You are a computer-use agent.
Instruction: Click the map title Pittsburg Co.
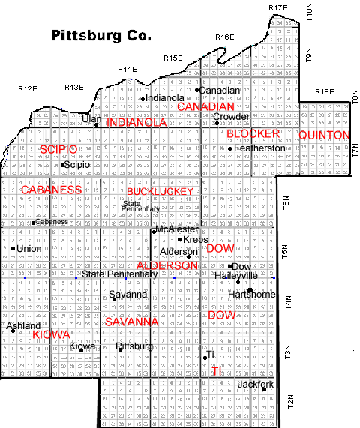(100, 35)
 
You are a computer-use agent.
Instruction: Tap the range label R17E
(277, 7)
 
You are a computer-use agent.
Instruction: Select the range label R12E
(28, 89)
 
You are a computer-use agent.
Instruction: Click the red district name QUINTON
(324, 135)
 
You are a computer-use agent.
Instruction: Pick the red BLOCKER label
(252, 133)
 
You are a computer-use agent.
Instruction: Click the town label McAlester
(178, 229)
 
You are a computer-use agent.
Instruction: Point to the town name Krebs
(195, 240)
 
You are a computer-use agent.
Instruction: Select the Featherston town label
(260, 149)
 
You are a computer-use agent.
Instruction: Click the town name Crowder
(231, 117)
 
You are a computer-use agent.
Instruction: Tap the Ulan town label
(90, 118)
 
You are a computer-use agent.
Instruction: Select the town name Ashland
(23, 326)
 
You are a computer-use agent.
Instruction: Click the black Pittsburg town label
(139, 346)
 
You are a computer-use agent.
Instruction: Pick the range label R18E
(324, 92)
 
